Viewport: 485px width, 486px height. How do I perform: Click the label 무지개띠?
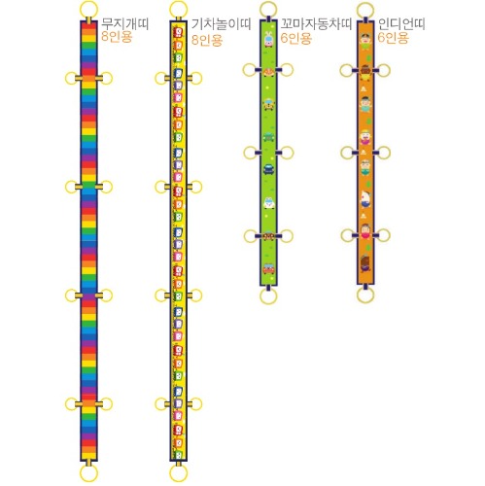click(x=125, y=23)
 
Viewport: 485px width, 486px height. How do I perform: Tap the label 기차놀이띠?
click(x=222, y=23)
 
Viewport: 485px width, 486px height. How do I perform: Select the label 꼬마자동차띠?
click(x=316, y=23)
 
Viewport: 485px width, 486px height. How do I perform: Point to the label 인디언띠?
click(x=401, y=23)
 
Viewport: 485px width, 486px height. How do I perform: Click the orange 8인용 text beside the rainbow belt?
click(x=117, y=37)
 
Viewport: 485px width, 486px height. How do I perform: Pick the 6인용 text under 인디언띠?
click(x=393, y=38)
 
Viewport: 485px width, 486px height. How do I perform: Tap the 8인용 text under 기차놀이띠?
click(x=207, y=40)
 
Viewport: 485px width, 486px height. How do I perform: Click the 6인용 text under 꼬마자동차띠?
click(x=295, y=38)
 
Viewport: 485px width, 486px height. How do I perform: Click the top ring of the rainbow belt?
click(x=88, y=2)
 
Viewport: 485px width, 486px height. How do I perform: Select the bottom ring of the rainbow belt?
click(x=88, y=481)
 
